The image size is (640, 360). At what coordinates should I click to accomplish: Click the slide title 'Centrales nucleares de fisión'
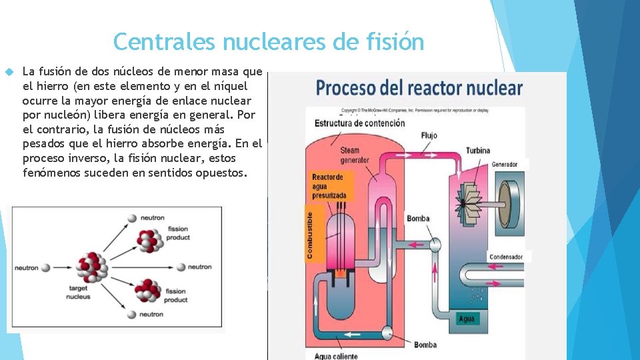coord(269,41)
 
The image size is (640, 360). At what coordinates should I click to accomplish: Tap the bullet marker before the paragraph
coord(9,71)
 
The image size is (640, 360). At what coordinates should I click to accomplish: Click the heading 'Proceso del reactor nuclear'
coord(419,88)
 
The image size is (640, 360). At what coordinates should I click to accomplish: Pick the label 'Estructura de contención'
coord(359,123)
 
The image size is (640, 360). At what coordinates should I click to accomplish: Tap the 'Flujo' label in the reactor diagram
coord(429,136)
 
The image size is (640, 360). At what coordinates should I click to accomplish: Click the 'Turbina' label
coord(478,151)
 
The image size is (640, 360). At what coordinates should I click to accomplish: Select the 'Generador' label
coord(505,165)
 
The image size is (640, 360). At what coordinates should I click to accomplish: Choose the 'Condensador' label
coord(506,257)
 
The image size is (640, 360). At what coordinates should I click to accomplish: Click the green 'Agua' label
coord(467,319)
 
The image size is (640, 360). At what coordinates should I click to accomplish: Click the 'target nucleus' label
coord(78,293)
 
